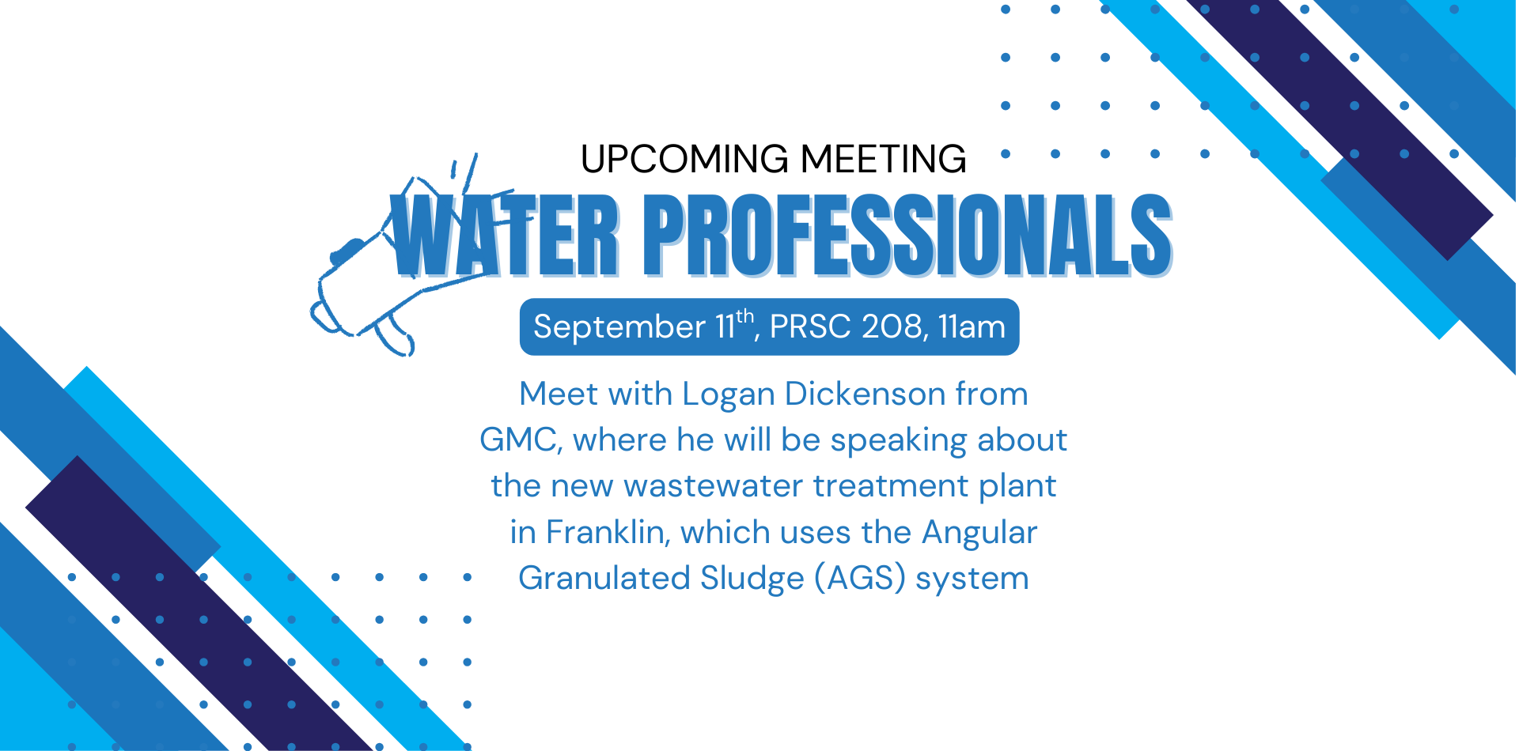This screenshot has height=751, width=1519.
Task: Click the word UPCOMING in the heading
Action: coord(685,159)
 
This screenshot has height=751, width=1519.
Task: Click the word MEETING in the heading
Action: coord(883,159)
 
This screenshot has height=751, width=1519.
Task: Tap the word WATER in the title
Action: coord(506,235)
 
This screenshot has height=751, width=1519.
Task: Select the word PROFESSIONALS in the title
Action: coord(907,235)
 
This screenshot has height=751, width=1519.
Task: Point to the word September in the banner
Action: coord(619,327)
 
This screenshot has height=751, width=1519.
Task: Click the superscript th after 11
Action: coord(744,316)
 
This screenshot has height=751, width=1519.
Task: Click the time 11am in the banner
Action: coord(972,326)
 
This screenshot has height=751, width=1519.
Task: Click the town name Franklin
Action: coord(606,532)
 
